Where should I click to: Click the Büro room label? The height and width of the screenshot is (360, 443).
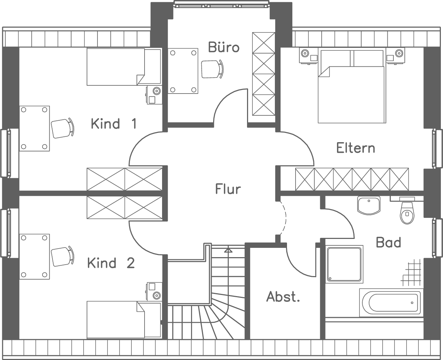click(x=223, y=47)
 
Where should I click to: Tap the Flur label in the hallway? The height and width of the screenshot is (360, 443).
click(x=228, y=189)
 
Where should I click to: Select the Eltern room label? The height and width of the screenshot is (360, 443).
click(x=356, y=148)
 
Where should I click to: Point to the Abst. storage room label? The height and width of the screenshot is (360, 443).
click(x=283, y=296)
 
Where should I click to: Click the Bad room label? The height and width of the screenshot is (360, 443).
click(x=388, y=242)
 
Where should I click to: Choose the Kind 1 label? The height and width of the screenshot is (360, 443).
click(x=114, y=124)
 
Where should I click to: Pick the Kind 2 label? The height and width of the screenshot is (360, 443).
click(x=111, y=263)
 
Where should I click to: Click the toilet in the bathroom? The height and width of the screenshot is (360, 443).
click(x=406, y=212)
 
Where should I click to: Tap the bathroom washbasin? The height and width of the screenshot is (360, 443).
click(x=368, y=205)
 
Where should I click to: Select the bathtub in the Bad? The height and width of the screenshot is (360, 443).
click(x=390, y=302)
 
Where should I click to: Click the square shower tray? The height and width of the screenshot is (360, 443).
click(x=344, y=264)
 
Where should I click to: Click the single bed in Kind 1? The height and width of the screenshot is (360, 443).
click(x=124, y=67)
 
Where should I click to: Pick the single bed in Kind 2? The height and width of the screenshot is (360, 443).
click(x=124, y=320)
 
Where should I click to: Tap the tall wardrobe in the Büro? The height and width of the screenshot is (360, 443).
click(x=263, y=74)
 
